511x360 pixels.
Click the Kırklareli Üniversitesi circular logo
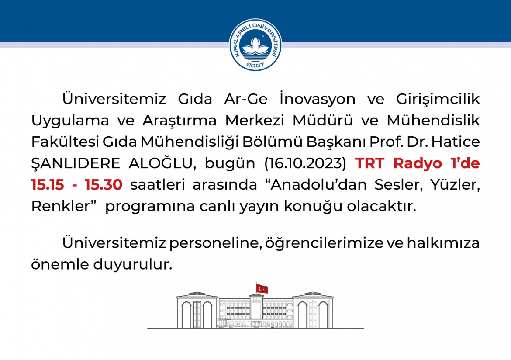[x=255, y=45]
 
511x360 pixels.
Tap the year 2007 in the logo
[x=255, y=65]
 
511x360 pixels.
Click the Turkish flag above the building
[x=261, y=288]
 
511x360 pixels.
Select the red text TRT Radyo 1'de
[x=418, y=163]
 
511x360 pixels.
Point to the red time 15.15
[x=48, y=184]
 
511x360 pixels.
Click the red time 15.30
[x=104, y=184]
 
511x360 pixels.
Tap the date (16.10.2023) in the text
[x=305, y=163]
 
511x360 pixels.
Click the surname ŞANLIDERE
[x=76, y=163]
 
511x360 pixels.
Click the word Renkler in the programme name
[x=60, y=206]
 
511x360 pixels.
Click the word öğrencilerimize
[x=324, y=243]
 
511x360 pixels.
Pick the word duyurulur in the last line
[x=133, y=264]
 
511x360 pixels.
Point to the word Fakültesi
[x=65, y=142]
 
